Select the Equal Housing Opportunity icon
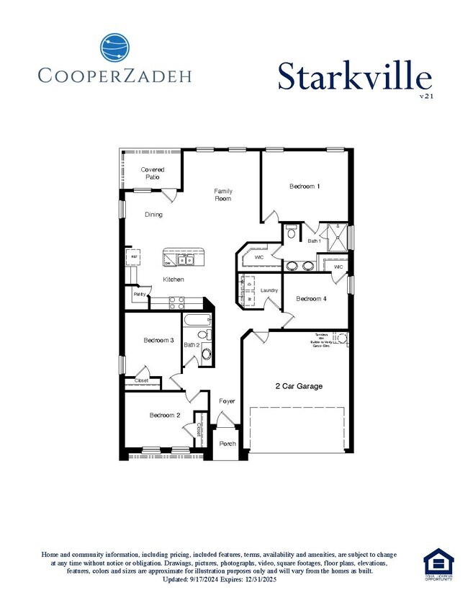point(438,563)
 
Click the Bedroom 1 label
point(305,187)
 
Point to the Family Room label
point(223,195)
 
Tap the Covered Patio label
point(152,173)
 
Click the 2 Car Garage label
point(299,386)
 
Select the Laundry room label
point(269,290)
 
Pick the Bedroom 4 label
point(312,298)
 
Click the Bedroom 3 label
point(158,340)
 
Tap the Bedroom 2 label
point(165,415)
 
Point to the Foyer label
point(227,401)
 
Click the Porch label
point(228,444)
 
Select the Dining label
point(153,214)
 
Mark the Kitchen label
point(173,280)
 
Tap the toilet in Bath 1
point(291,232)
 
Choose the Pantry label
point(139,294)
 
